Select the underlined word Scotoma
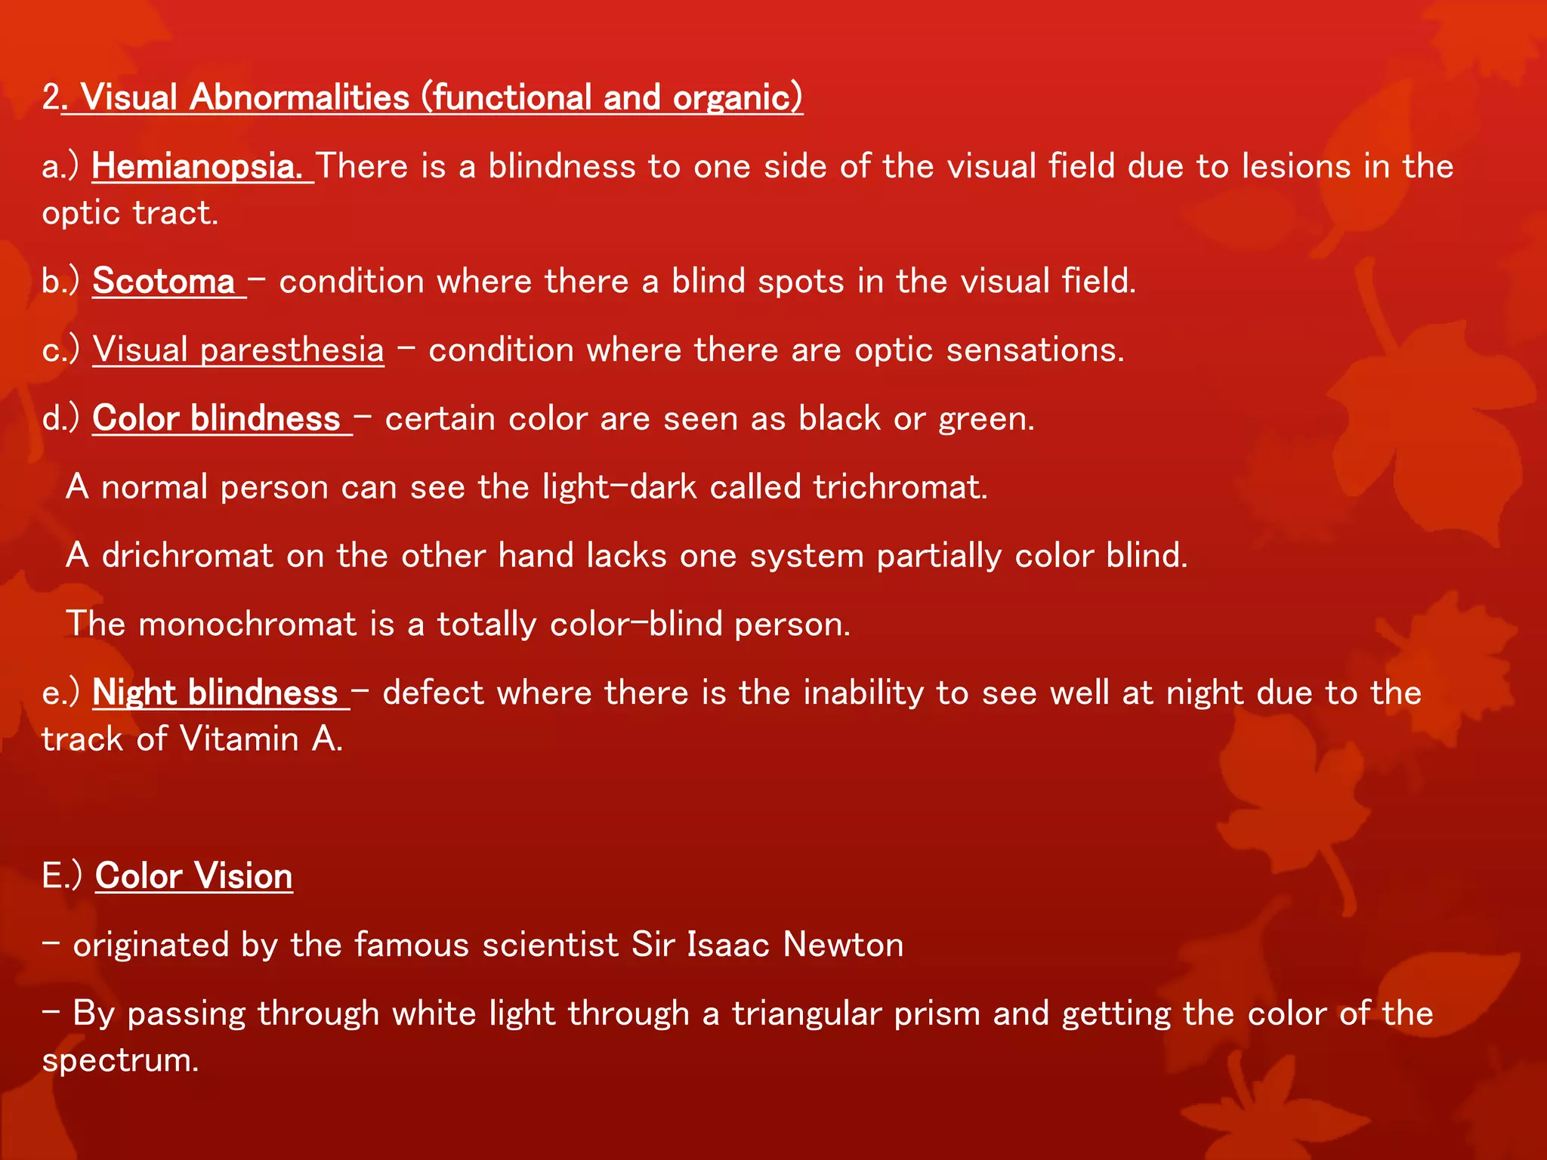(164, 281)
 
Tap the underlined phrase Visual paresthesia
(238, 350)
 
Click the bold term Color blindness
(217, 418)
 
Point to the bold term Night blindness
(215, 693)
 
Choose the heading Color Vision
(194, 876)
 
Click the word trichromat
(900, 487)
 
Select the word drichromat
(187, 556)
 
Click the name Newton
(843, 945)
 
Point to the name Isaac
(728, 945)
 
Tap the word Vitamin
(239, 739)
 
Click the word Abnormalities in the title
(299, 97)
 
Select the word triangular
(807, 1013)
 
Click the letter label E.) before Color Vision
(61, 876)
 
